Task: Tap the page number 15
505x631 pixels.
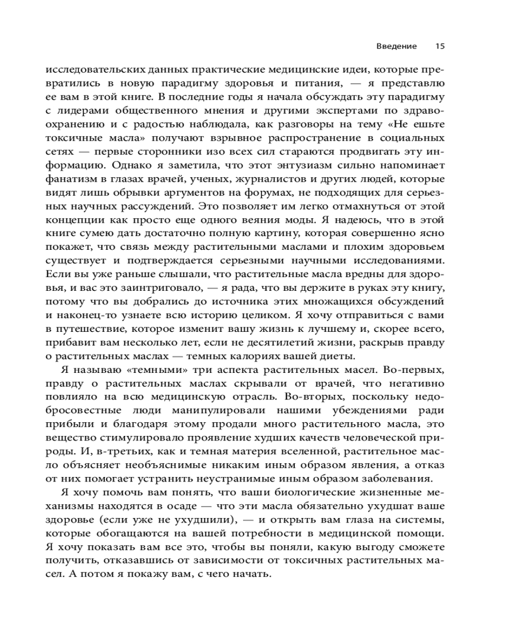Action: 441,46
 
